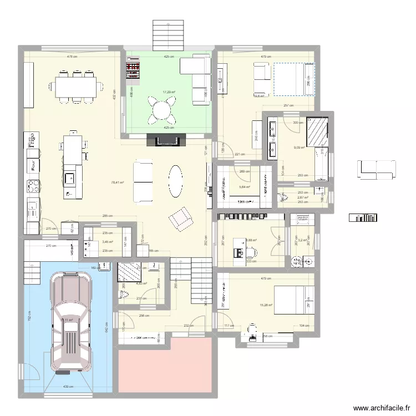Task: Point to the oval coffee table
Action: (175, 181)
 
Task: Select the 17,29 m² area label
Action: (169, 92)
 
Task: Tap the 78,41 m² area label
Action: (117, 182)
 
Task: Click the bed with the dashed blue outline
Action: (293, 79)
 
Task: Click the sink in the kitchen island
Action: (70, 179)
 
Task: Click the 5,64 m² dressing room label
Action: (245, 187)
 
